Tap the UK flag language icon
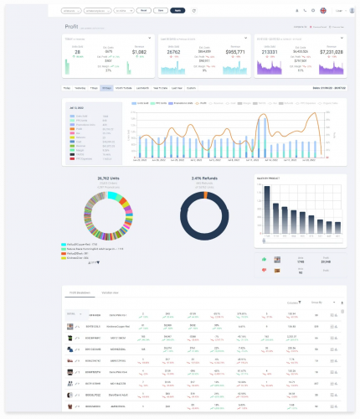click(x=323, y=11)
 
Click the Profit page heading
click(x=71, y=27)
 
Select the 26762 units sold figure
click(x=175, y=52)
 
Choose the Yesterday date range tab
click(x=80, y=87)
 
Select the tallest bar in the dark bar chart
click(x=268, y=209)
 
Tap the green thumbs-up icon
click(x=265, y=260)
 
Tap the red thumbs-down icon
click(x=265, y=270)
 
